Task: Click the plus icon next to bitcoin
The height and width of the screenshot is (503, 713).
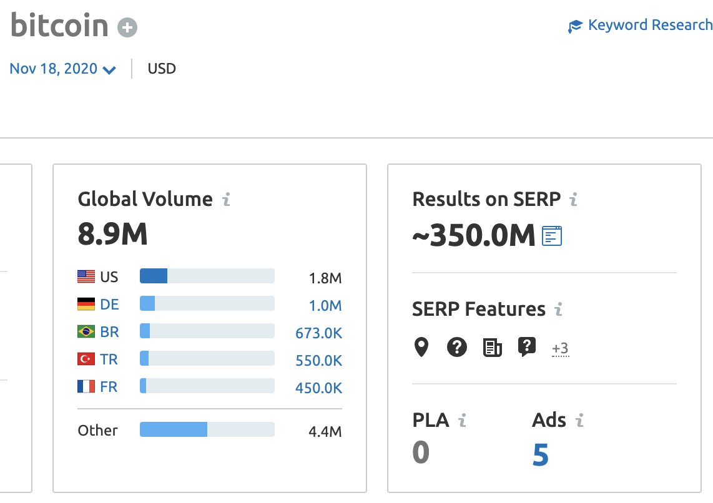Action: [128, 27]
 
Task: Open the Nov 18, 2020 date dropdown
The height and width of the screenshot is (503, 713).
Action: [62, 69]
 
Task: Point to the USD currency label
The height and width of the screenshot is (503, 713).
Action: [162, 69]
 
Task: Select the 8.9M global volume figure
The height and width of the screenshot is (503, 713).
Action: [112, 234]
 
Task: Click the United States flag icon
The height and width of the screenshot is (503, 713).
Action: [86, 276]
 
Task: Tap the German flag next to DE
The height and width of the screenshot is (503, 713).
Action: [86, 305]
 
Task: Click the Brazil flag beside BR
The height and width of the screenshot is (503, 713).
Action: [86, 332]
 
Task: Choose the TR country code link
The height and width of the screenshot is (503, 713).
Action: [109, 359]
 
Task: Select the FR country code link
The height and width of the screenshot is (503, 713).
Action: [109, 387]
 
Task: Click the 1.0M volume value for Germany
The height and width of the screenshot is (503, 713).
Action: [325, 306]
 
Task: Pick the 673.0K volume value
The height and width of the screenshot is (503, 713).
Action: [318, 333]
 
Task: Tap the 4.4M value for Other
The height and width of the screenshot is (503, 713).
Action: [325, 431]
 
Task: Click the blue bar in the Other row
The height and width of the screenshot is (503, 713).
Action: [174, 429]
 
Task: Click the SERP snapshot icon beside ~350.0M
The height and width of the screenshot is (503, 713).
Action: [552, 236]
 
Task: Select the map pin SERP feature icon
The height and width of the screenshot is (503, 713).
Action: [422, 347]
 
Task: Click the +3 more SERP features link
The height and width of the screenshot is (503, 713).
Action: [560, 348]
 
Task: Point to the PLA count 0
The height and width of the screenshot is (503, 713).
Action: [421, 452]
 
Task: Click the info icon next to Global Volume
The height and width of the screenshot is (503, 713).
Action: [227, 200]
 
